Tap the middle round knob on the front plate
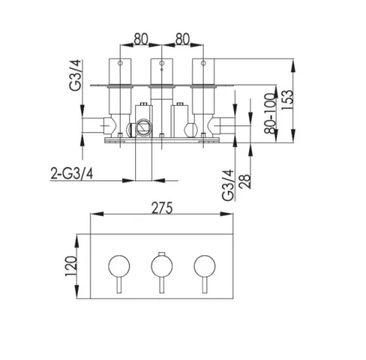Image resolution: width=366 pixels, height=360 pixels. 161,266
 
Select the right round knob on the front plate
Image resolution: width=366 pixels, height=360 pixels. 202,266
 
